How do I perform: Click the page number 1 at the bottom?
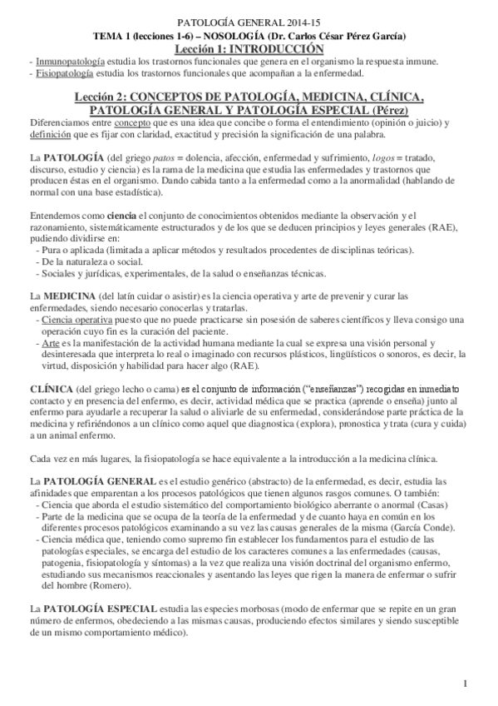pos(467,684)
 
